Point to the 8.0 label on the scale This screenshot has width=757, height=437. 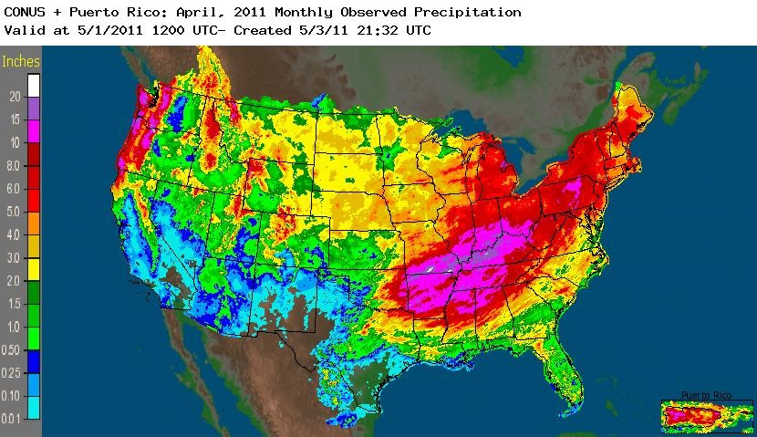pos(14,166)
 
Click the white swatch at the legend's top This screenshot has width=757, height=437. pos(34,85)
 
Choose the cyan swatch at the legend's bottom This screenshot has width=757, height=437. pos(34,407)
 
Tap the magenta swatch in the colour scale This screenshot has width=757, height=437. pos(34,131)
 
